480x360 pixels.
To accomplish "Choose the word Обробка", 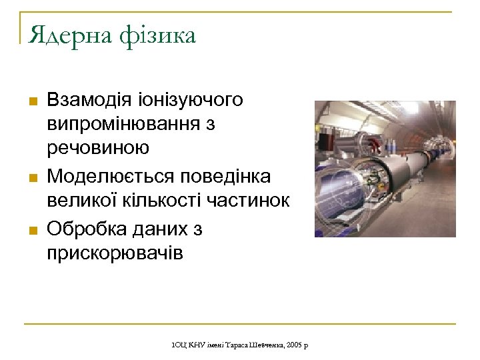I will (85, 229).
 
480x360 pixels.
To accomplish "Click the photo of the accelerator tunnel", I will (385, 169).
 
